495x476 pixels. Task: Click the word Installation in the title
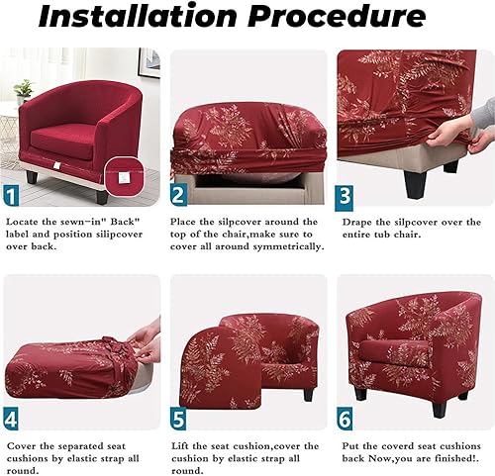click(x=138, y=16)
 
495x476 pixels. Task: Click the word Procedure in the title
click(x=337, y=16)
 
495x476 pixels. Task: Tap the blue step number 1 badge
click(x=11, y=196)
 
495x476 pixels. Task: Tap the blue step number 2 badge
click(x=178, y=195)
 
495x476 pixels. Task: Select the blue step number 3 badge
click(x=345, y=198)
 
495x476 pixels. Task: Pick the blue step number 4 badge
click(x=11, y=420)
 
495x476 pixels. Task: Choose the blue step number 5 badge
click(x=178, y=420)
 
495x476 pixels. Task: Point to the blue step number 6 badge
click(x=345, y=420)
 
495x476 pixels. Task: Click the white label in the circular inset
click(x=124, y=178)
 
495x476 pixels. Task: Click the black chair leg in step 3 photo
click(x=415, y=184)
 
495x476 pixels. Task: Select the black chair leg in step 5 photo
click(x=308, y=395)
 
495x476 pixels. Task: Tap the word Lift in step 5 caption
click(x=180, y=446)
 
